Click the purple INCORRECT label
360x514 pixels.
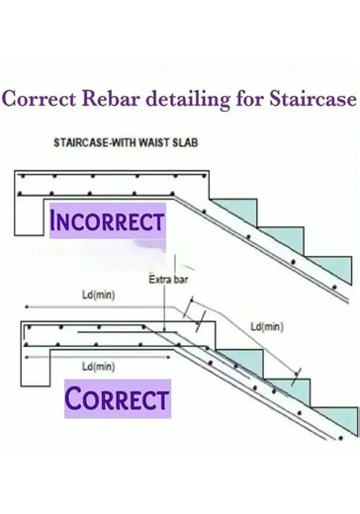(x=107, y=220)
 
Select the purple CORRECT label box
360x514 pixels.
(x=116, y=400)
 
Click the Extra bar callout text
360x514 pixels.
(x=169, y=280)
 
